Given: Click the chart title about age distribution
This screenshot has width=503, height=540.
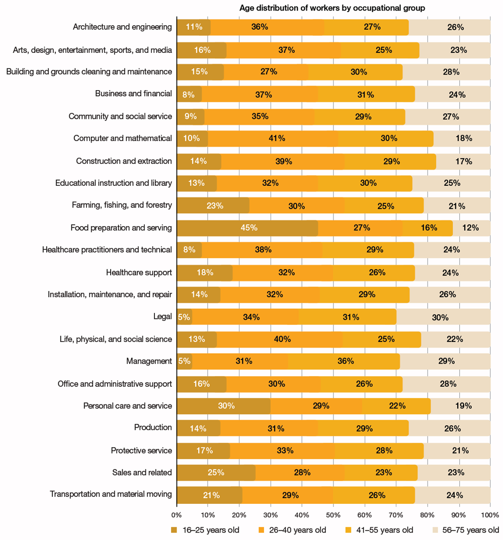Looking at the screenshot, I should click(x=332, y=8).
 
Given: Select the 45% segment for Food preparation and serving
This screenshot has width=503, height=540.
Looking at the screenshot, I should click(x=247, y=228).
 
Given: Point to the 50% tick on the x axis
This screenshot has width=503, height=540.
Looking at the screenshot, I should click(x=333, y=515).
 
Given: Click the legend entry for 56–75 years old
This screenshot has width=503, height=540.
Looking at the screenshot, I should click(x=464, y=530).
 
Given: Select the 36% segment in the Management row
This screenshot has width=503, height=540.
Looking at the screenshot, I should click(x=344, y=361).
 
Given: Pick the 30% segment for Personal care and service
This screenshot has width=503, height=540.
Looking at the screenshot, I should click(x=223, y=406).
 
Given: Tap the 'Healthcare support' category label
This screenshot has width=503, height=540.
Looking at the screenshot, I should click(x=139, y=273).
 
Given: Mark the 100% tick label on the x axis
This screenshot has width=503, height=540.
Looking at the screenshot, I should click(x=490, y=515).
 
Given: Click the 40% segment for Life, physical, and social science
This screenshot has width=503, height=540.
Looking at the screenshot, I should click(x=280, y=339).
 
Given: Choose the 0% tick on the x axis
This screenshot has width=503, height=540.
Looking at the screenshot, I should click(x=177, y=515).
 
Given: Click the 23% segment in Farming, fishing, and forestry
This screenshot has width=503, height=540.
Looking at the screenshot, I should click(x=213, y=206).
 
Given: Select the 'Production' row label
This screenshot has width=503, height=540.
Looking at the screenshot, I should click(x=153, y=428).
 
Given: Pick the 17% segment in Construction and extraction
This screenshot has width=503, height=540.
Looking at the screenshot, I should click(x=463, y=161).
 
